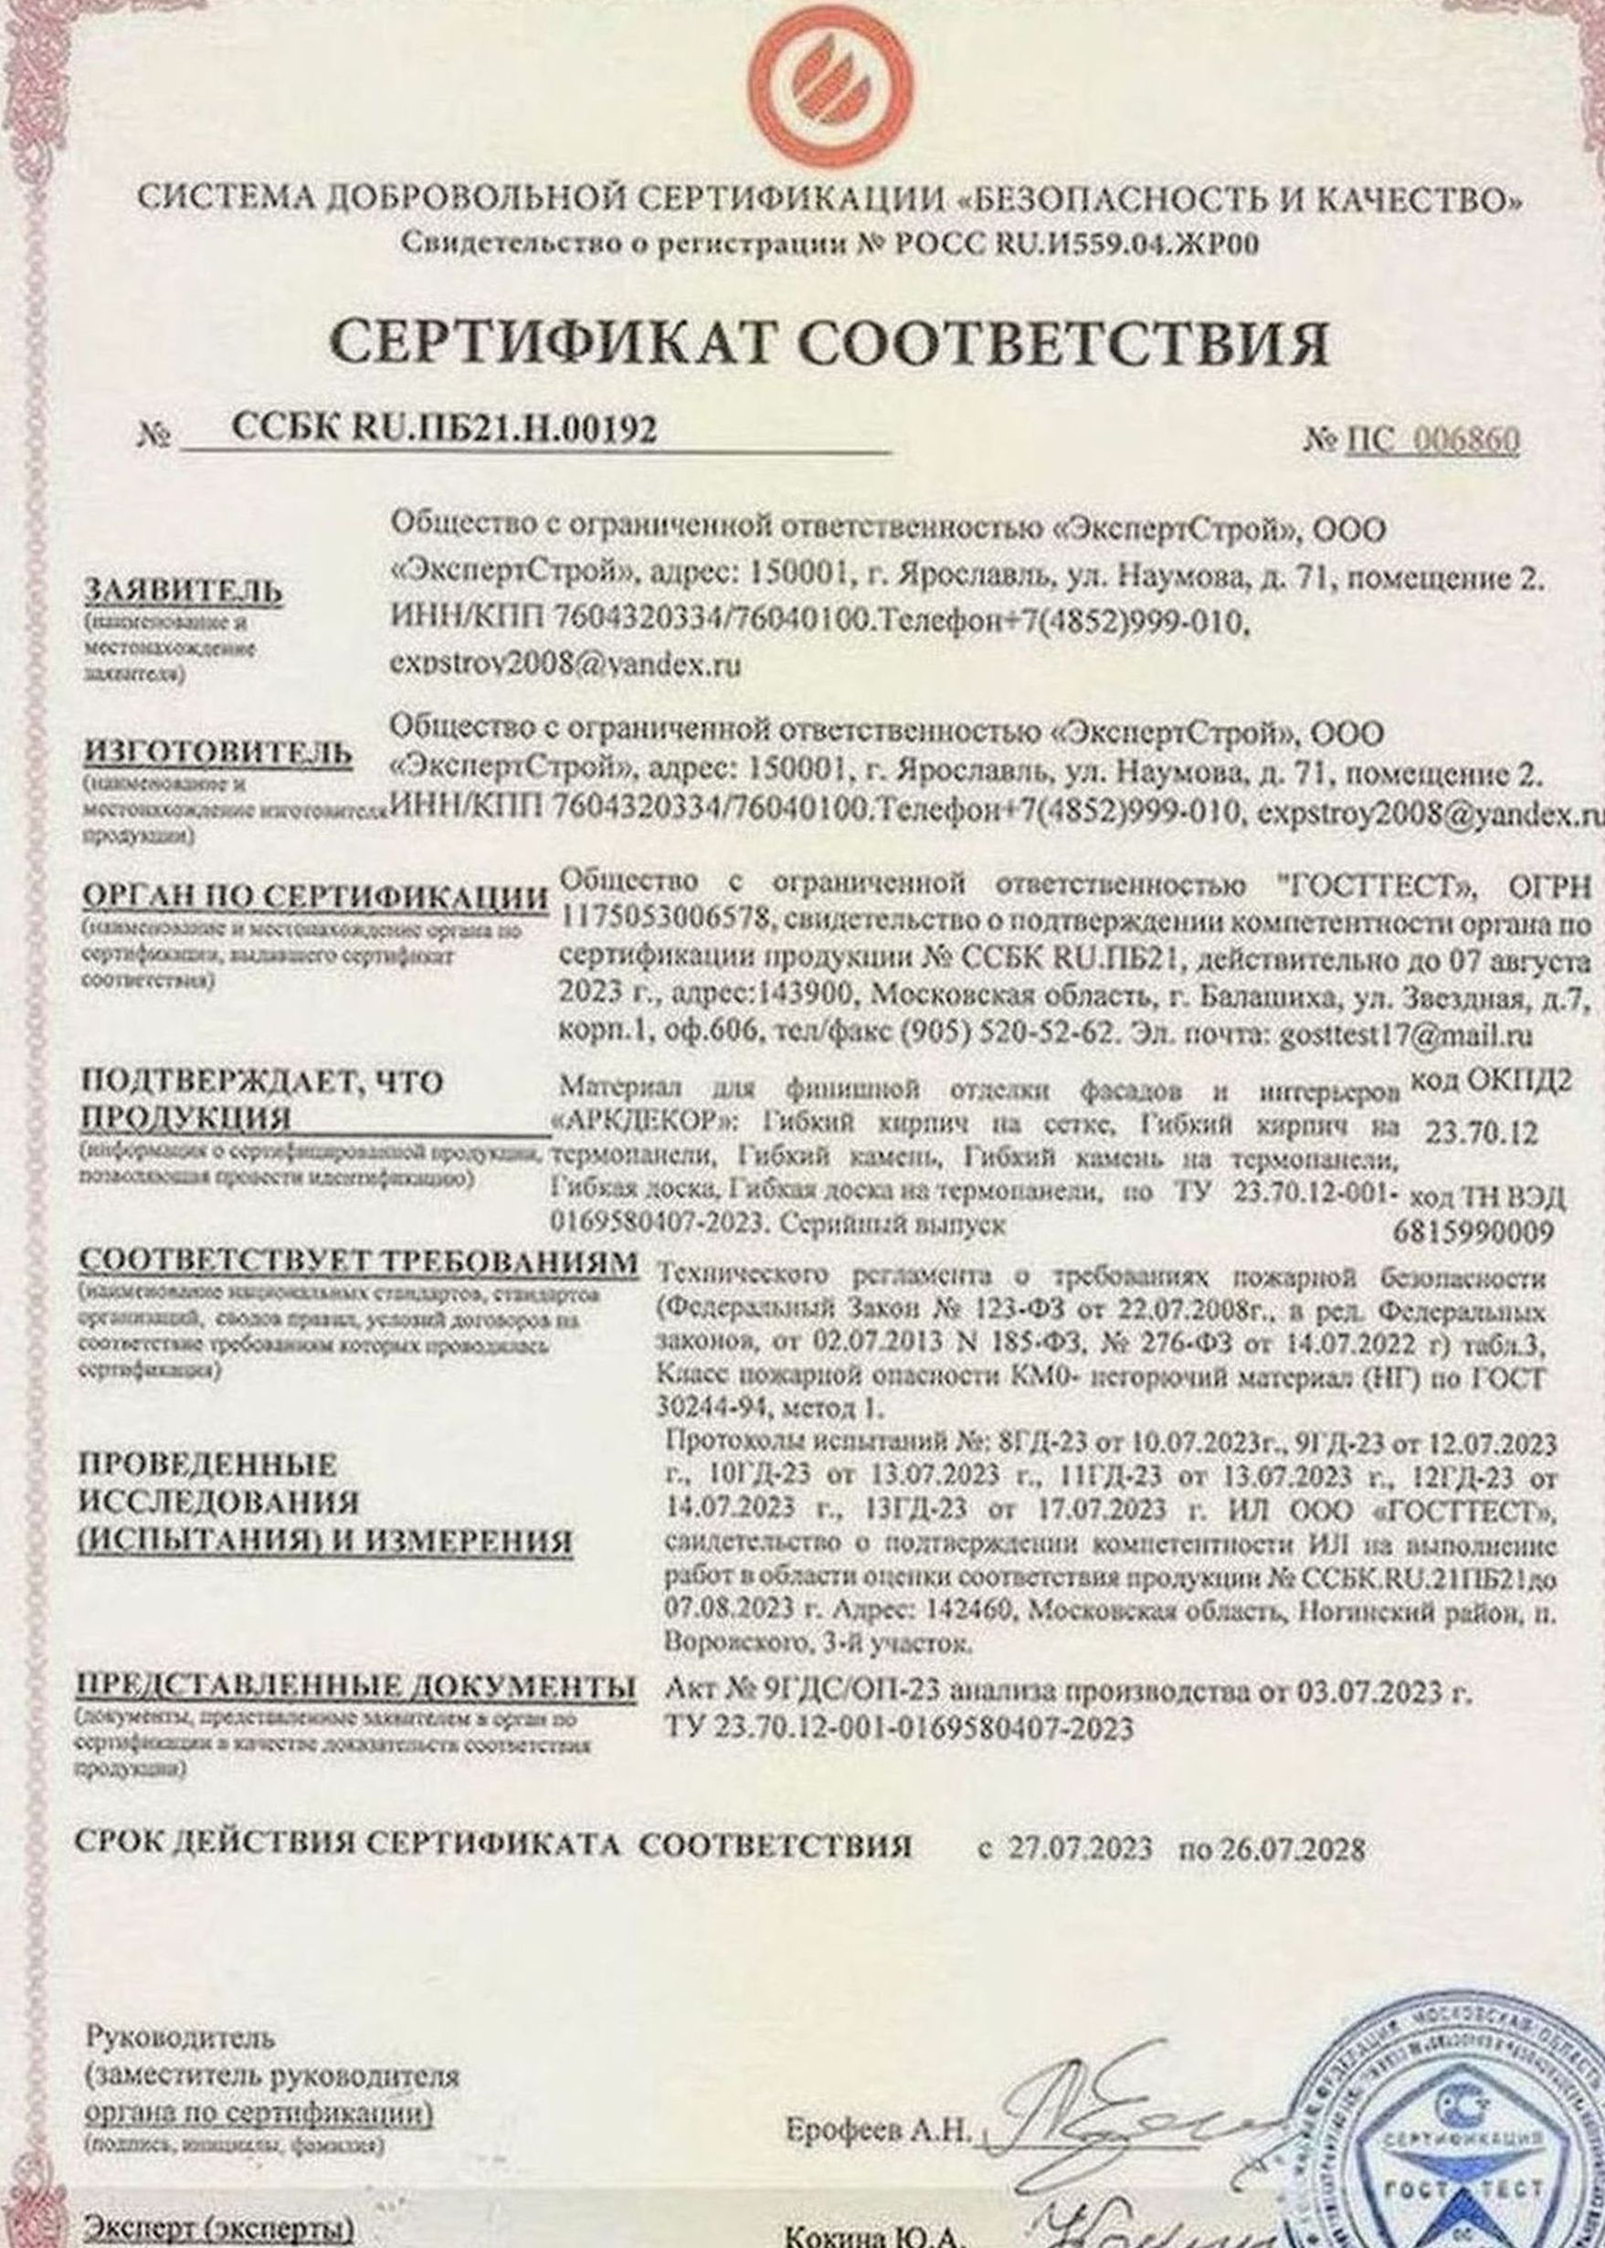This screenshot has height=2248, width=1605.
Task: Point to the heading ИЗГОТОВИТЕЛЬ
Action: [x=218, y=753]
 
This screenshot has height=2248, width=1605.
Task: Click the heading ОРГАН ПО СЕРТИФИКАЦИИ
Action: [x=314, y=897]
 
